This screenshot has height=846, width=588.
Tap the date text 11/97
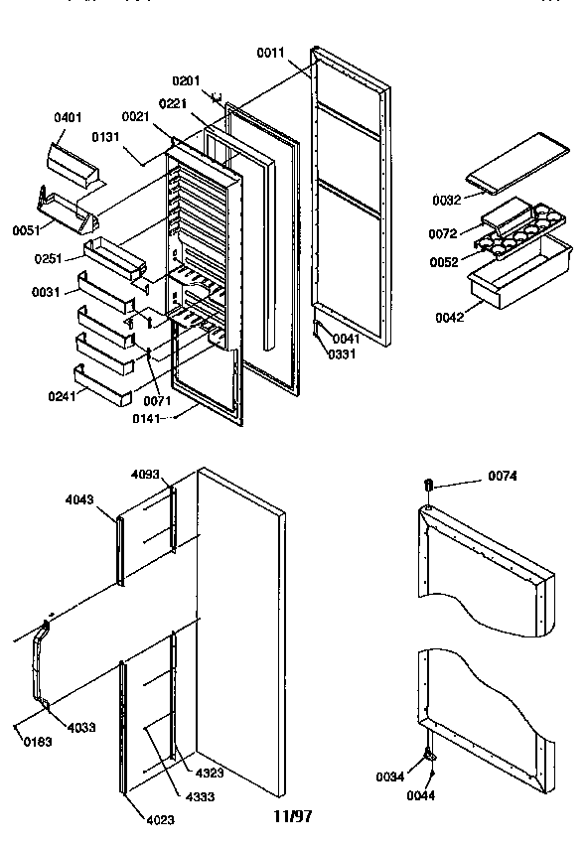click(x=293, y=816)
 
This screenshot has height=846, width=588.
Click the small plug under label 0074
click(x=429, y=485)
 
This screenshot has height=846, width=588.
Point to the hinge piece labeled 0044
click(x=431, y=757)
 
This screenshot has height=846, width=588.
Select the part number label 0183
click(x=34, y=741)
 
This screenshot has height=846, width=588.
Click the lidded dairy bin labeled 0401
click(x=74, y=163)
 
